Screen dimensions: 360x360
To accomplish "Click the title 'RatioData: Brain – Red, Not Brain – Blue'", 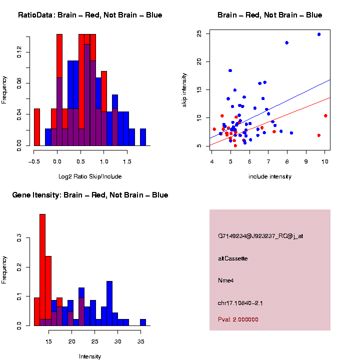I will pyautogui.click(x=90, y=15).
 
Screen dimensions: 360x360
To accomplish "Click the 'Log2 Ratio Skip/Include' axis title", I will pyautogui.click(x=90, y=176).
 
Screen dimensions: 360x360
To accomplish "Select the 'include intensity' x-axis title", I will pyautogui.click(x=269, y=176).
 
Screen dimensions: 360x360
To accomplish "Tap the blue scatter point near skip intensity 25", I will pyautogui.click(x=319, y=34).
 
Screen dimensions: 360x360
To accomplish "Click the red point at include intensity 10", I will pyautogui.click(x=325, y=115).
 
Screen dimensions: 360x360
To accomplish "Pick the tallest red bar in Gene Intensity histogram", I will pyautogui.click(x=42, y=269).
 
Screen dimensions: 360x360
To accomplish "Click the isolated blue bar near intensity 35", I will pyautogui.click(x=143, y=322).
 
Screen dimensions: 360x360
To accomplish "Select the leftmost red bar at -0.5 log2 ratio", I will pyautogui.click(x=37, y=128).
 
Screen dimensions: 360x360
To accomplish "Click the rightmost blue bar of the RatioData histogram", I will pyautogui.click(x=143, y=137).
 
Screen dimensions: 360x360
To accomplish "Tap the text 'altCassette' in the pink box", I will pyautogui.click(x=232, y=258).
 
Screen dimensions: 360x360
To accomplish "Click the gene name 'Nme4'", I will pyautogui.click(x=226, y=280).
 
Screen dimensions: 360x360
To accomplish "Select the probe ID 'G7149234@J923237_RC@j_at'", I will pyautogui.click(x=260, y=236).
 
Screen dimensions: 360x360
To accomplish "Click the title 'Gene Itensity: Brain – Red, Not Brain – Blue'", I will pyautogui.click(x=90, y=195).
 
